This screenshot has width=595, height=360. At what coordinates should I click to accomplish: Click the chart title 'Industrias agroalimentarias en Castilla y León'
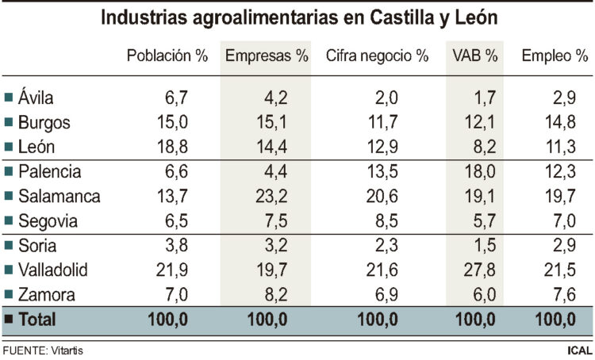coord(297,17)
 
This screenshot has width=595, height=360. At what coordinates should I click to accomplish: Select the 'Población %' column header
coord(167,56)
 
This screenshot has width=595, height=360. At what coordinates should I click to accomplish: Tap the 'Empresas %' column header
coord(267,56)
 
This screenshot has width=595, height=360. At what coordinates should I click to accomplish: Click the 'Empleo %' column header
coord(555,56)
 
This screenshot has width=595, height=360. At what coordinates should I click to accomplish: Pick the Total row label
coord(36,321)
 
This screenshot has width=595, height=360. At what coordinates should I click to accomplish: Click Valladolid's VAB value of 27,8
coord(482,270)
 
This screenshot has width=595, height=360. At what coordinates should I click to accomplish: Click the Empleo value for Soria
coord(570,245)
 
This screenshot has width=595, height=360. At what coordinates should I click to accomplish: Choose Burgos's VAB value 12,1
coord(482,123)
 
